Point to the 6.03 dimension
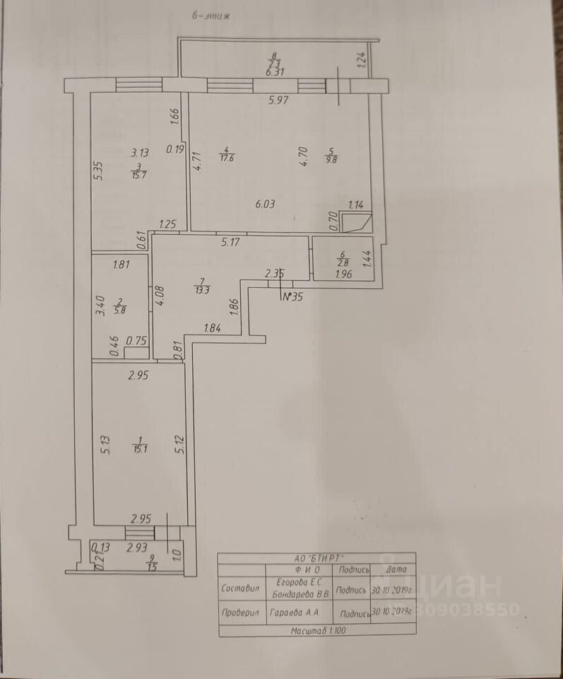(x=264, y=204)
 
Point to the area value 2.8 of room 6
(x=343, y=265)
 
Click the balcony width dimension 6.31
(x=274, y=71)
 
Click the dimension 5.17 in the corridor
(x=232, y=243)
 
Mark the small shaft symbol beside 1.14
(x=356, y=224)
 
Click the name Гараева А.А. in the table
(x=295, y=613)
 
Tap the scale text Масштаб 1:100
(x=314, y=629)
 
